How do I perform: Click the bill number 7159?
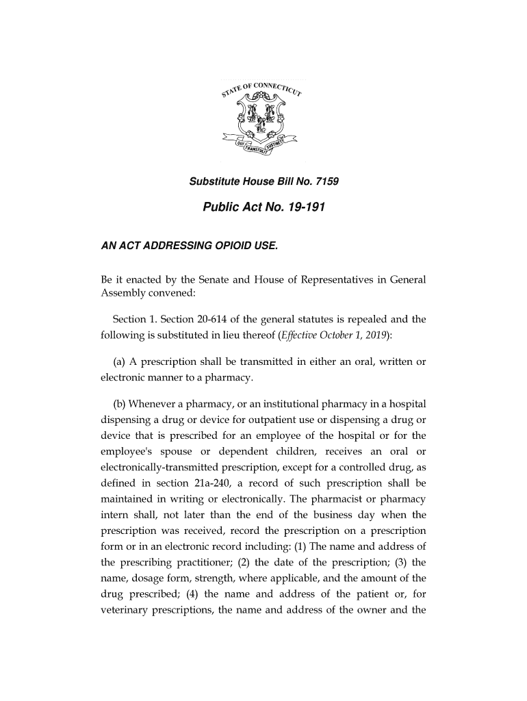click(324, 183)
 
